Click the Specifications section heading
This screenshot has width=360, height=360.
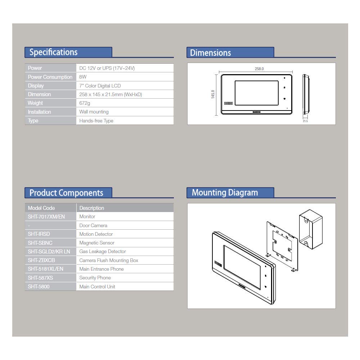[x=54, y=52]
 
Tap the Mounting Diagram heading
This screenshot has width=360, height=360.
[x=225, y=193]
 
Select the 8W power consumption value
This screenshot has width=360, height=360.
[x=83, y=77]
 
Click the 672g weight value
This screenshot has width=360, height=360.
[x=85, y=103]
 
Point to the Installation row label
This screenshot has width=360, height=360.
[x=39, y=112]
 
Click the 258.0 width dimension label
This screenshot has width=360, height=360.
[x=259, y=69]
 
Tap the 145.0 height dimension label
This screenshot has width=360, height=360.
[x=213, y=94]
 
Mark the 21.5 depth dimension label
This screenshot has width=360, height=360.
[x=305, y=121]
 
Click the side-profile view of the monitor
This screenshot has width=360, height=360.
[x=306, y=94]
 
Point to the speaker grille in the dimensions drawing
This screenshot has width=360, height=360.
[x=229, y=103]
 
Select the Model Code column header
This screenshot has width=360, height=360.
[x=41, y=208]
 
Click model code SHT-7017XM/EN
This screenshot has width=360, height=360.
[x=46, y=216]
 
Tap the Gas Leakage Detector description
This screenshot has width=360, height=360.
[x=102, y=251]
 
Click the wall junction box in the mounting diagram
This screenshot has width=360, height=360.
[x=311, y=229]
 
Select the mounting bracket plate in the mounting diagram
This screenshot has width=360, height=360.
[x=282, y=247]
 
